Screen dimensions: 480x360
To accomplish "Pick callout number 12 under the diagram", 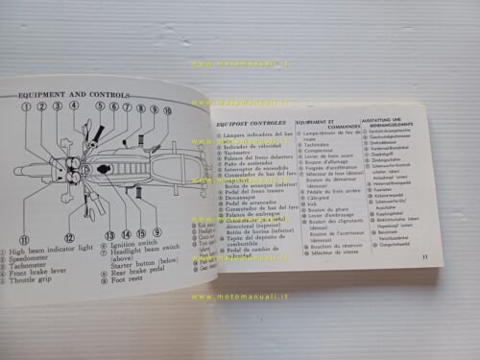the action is (69, 236).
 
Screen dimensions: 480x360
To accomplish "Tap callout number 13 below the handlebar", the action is (109, 234).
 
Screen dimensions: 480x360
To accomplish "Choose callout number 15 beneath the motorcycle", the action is (141, 234).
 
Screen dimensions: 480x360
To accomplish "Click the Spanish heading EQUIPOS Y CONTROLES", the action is (247, 123).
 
